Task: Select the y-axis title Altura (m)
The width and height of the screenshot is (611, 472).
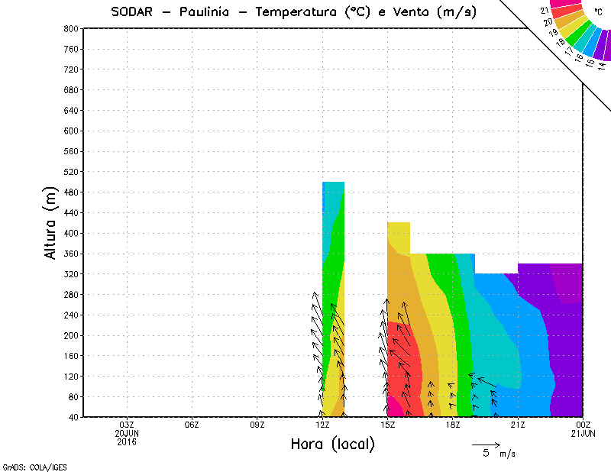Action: coord(51,223)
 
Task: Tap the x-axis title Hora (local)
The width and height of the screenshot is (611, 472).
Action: coord(332,445)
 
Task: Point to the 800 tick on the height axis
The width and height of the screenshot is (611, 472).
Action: coord(72,28)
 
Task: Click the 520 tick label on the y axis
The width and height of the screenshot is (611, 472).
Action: coord(72,172)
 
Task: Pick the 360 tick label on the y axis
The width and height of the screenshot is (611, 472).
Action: coord(72,254)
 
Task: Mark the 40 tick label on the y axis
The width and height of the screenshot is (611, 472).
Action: coord(73,417)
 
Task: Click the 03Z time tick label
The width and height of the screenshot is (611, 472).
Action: coord(127,425)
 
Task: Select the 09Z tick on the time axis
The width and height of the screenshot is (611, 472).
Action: coord(257,425)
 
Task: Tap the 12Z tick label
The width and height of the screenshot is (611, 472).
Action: coord(322,425)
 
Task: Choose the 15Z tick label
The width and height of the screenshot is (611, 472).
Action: coord(388,425)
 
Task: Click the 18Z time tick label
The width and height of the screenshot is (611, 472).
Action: coord(453,425)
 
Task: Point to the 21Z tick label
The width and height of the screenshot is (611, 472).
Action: coord(518,425)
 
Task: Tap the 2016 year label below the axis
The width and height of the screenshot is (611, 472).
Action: coord(127,441)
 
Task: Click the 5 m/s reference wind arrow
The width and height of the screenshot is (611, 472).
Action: coord(486,444)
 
